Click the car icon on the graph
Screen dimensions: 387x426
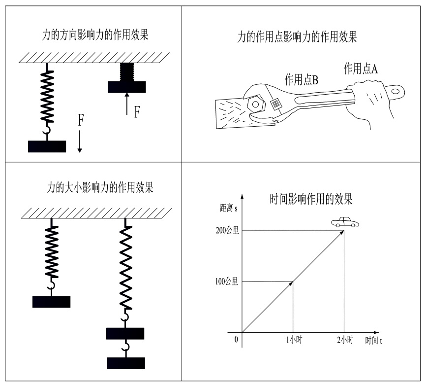click(344, 223)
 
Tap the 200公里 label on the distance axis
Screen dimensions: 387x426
click(227, 230)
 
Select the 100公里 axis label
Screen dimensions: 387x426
click(227, 282)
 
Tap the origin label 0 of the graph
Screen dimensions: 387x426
click(236, 340)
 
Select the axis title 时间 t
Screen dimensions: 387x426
click(374, 341)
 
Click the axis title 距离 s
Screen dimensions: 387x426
click(228, 209)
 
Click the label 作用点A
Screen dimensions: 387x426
click(361, 69)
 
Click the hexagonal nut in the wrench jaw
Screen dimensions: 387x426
click(256, 104)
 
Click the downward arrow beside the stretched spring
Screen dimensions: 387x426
click(80, 141)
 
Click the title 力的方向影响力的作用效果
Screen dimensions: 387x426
click(96, 36)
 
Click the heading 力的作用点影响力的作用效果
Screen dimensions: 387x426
click(297, 37)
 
